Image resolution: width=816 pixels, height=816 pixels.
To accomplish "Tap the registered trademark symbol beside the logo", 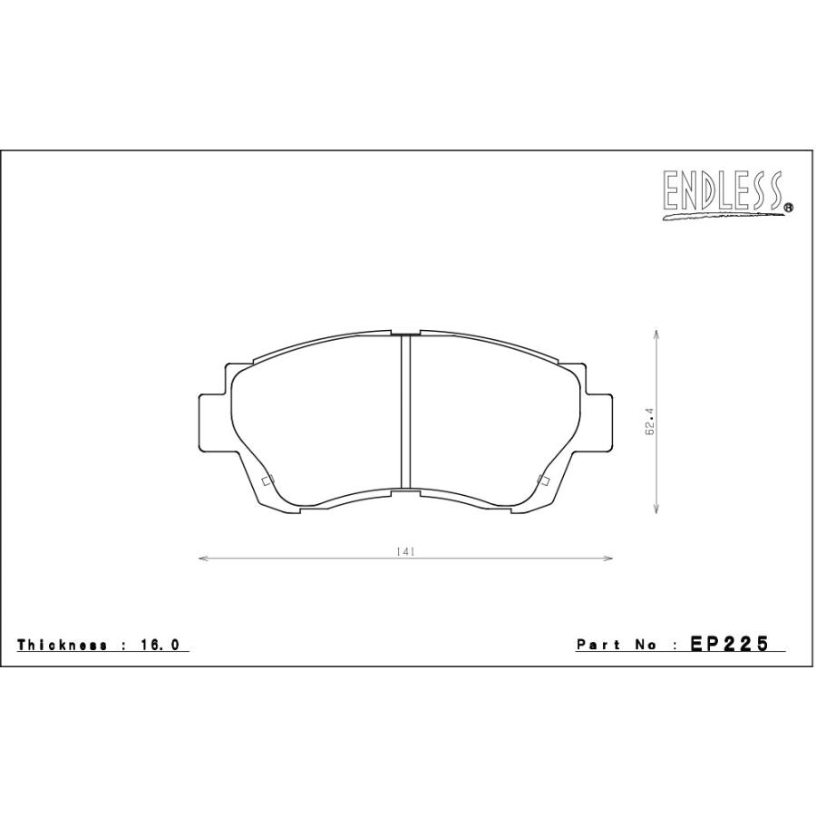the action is [789, 207].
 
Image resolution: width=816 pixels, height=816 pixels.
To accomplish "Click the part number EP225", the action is [729, 644].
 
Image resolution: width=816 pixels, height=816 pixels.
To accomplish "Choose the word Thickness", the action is [63, 645].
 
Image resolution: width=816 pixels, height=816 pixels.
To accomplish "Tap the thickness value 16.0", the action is [159, 645].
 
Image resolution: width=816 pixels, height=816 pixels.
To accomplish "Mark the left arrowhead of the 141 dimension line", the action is [203, 559].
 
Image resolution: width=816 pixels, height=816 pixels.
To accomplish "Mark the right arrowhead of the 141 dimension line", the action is [607, 559].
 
